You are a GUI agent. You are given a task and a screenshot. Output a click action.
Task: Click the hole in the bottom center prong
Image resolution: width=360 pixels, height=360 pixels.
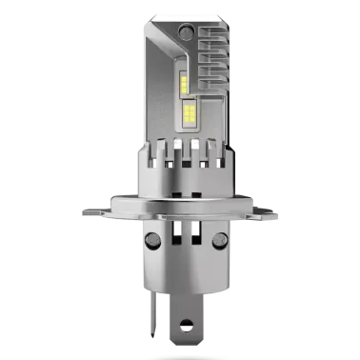point(179,324)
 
